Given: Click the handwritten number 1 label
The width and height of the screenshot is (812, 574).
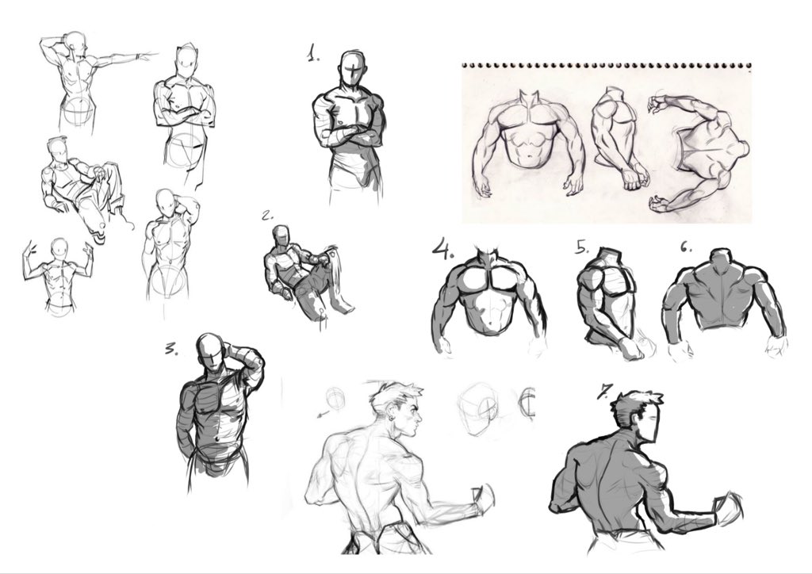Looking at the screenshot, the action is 313,53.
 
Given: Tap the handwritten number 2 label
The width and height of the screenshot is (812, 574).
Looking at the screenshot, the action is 267,216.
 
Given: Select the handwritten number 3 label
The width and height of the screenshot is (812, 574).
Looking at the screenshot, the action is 171,350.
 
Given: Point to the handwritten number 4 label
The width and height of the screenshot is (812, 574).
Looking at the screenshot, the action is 442,248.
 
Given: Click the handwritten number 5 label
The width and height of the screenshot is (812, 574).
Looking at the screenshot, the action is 582,247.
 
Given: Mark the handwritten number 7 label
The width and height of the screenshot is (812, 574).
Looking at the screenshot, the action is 605,391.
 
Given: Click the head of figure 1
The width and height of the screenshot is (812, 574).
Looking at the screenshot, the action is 354,70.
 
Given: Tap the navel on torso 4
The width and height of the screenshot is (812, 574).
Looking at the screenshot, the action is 491,324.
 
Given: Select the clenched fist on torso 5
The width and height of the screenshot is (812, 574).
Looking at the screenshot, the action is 632,348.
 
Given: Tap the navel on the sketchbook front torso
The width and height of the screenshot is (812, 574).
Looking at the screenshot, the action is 528,156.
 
